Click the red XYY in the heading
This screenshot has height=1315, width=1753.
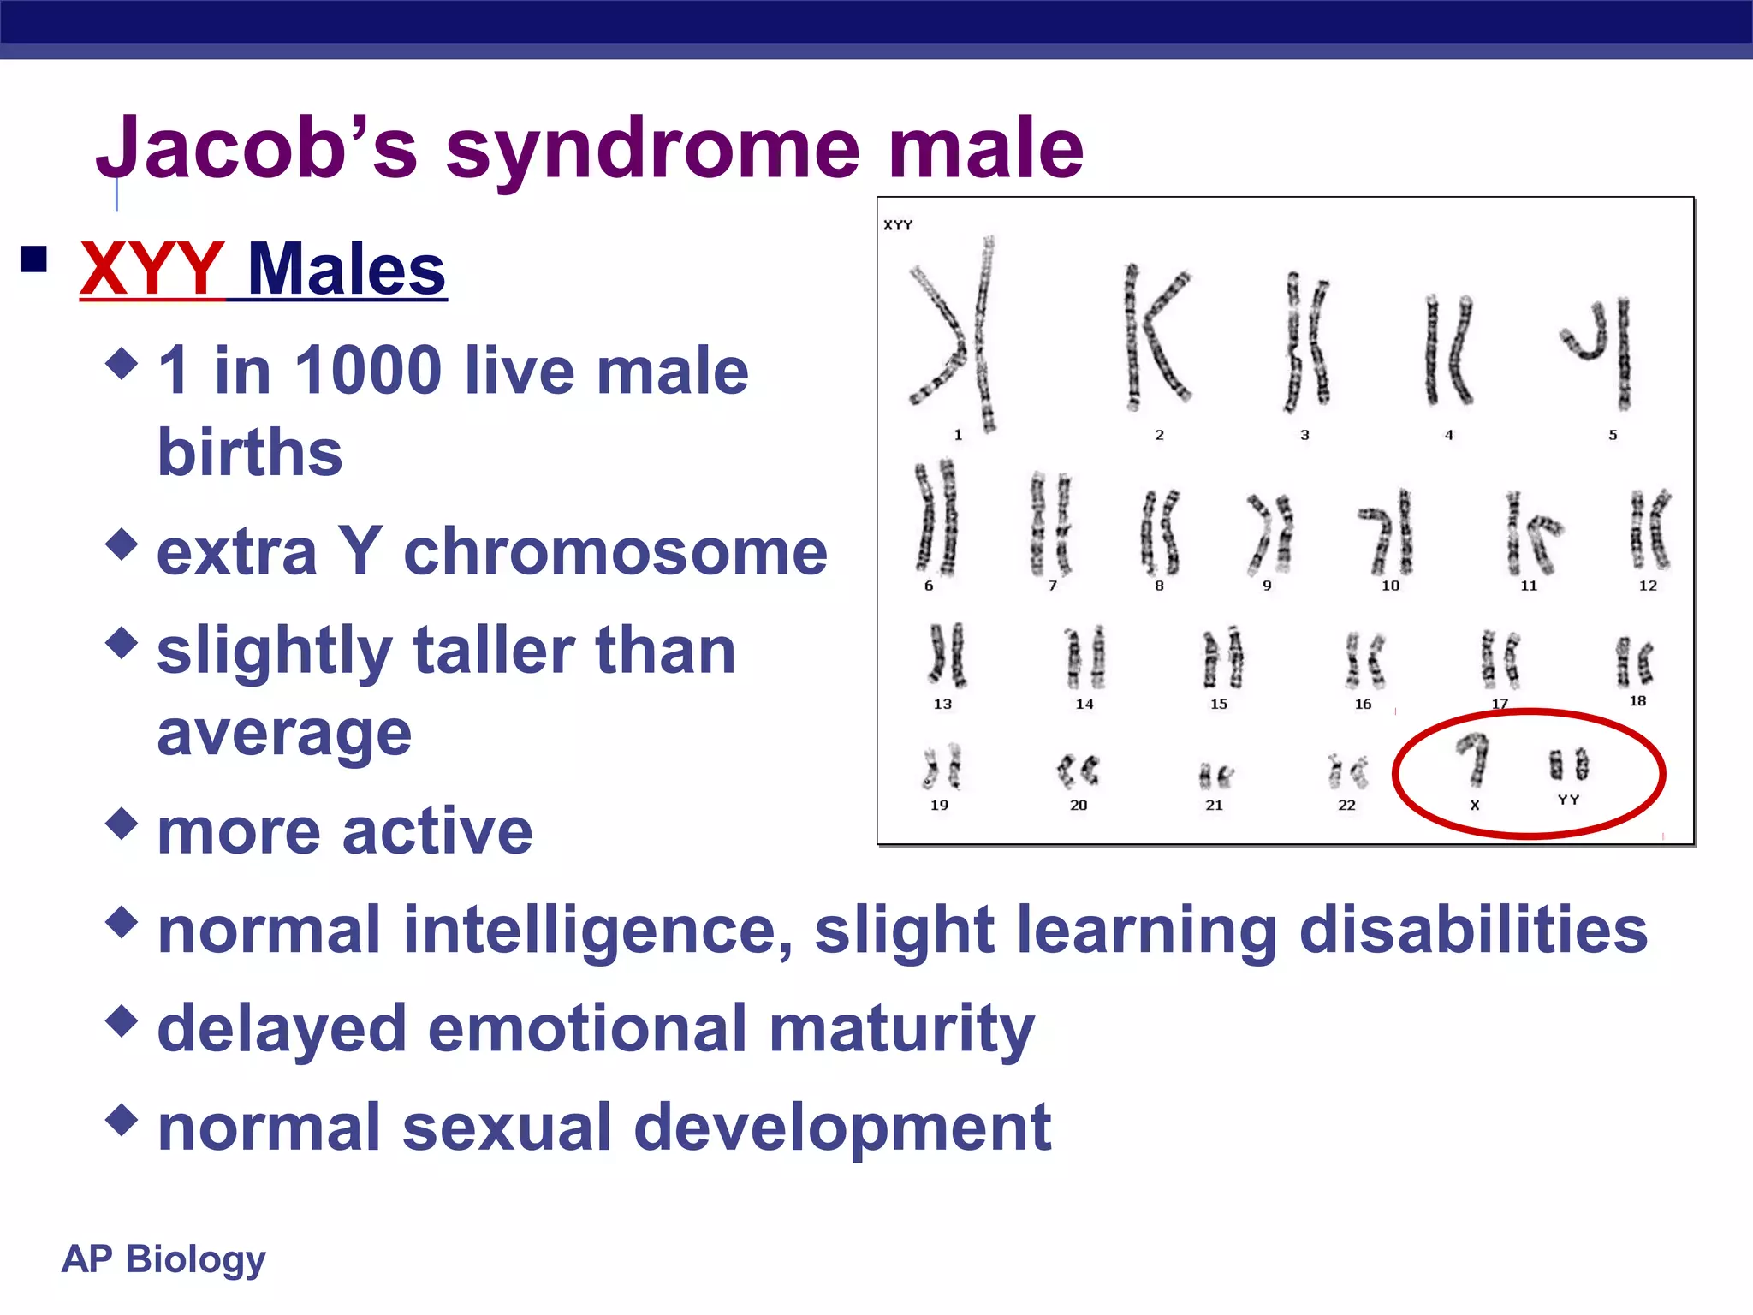(x=152, y=270)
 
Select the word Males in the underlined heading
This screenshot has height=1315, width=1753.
(x=347, y=270)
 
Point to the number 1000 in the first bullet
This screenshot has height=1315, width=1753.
(x=369, y=371)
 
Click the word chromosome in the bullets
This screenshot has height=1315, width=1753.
(x=615, y=552)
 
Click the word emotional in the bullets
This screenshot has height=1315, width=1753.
(x=587, y=1029)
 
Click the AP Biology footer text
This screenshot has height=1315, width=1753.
(x=163, y=1259)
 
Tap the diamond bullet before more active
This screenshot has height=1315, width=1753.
(x=122, y=824)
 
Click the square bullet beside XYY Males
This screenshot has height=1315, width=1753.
(x=34, y=259)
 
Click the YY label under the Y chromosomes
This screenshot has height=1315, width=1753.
(x=1568, y=800)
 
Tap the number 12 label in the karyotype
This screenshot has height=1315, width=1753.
(x=1648, y=586)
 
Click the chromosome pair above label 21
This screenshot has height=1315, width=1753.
(x=1215, y=776)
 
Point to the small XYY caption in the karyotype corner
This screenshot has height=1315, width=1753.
(x=898, y=225)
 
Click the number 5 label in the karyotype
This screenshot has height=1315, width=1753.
(x=1613, y=435)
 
